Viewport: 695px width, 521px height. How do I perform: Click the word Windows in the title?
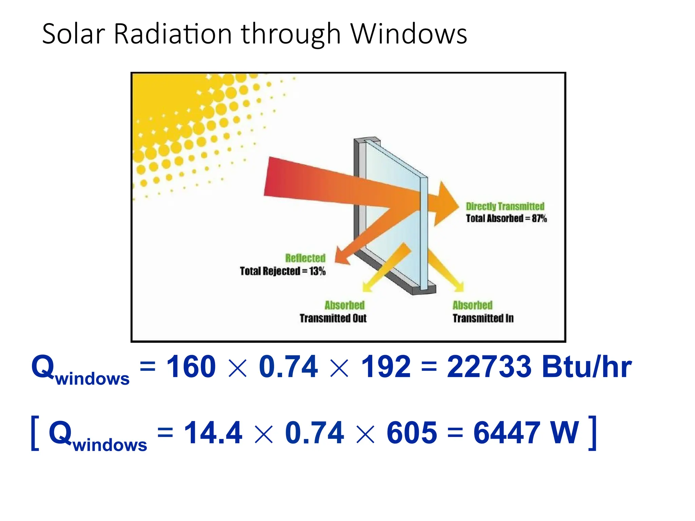[409, 34]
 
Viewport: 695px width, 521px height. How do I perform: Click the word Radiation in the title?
[173, 34]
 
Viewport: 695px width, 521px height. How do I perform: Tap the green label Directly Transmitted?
[505, 206]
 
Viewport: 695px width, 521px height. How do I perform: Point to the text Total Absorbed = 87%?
[506, 218]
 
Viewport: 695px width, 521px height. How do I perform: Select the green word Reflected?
[305, 258]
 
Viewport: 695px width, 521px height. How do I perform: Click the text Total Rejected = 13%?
[283, 271]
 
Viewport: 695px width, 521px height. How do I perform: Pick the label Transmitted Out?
[333, 318]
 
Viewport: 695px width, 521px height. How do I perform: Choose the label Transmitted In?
[483, 318]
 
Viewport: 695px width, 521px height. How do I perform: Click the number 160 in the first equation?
[191, 367]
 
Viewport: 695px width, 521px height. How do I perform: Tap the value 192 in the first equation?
[386, 367]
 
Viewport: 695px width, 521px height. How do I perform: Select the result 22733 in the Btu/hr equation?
[489, 367]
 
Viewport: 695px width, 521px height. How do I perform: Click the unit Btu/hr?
[587, 367]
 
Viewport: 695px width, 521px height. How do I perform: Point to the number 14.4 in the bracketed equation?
[213, 432]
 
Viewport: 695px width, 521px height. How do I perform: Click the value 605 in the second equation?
[412, 432]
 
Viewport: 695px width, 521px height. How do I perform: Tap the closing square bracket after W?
[592, 433]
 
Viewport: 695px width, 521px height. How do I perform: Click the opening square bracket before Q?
[35, 433]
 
